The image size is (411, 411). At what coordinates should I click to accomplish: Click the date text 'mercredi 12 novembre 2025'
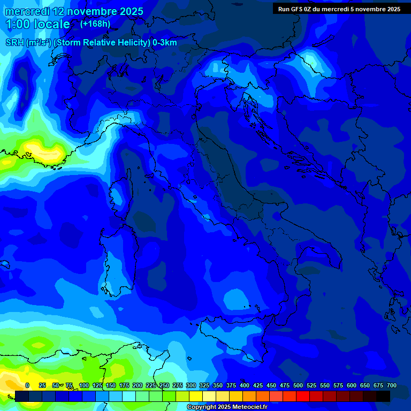click(x=74, y=11)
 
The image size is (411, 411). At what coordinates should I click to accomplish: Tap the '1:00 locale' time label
click(x=37, y=24)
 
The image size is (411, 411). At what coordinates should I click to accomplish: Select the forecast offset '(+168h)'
click(x=95, y=24)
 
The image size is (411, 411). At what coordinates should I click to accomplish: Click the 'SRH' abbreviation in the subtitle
click(x=14, y=43)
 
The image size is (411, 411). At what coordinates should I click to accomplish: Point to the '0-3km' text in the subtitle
click(x=164, y=43)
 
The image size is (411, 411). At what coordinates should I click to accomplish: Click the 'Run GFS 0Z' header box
click(x=339, y=9)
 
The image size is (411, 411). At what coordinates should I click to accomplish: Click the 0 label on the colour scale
click(x=27, y=385)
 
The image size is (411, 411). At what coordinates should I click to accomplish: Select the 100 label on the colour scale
click(x=84, y=385)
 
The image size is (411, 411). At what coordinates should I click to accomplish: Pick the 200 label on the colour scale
click(x=138, y=385)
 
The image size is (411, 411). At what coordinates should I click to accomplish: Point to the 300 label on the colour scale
click(x=191, y=385)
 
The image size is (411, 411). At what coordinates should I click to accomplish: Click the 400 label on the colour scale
click(x=245, y=385)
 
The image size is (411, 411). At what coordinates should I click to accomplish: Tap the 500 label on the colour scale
click(x=298, y=385)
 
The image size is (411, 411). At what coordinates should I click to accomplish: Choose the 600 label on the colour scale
click(x=352, y=385)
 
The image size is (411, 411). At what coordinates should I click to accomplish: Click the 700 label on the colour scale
click(x=392, y=385)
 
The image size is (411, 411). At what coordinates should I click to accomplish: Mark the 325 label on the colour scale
click(x=204, y=385)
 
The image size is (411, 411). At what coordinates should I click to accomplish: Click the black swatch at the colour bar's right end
click(x=383, y=396)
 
